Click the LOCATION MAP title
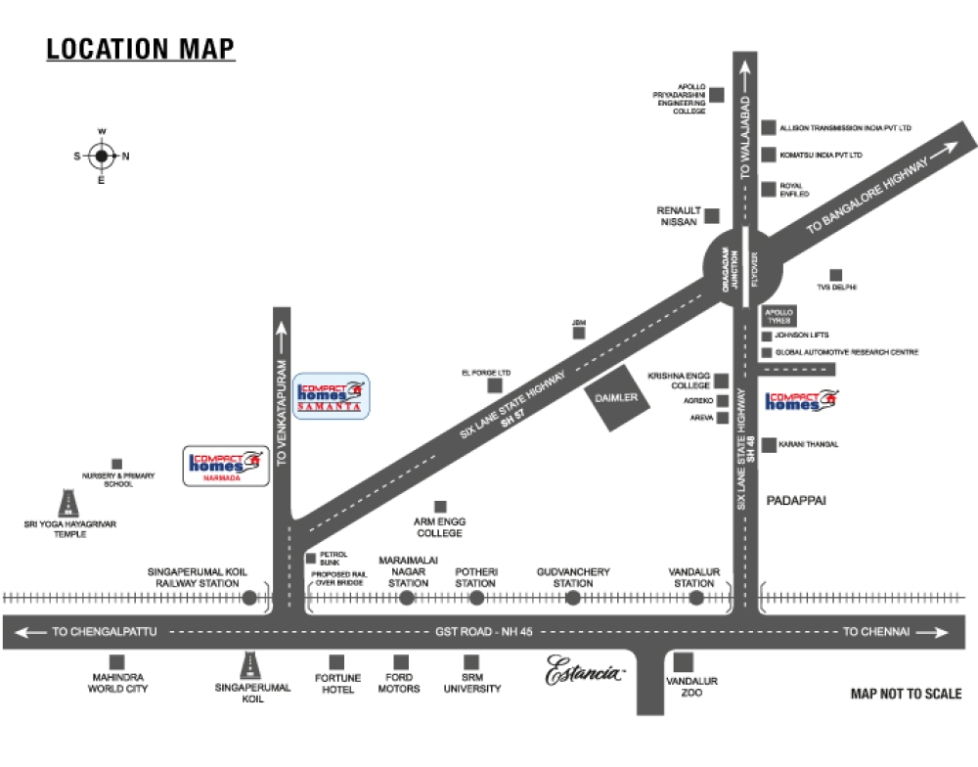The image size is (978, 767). [141, 49]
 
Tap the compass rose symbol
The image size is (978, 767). [102, 156]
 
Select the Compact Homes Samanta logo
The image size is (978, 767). [332, 396]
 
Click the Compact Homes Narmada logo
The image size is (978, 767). [226, 466]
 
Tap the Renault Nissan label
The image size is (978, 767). [678, 216]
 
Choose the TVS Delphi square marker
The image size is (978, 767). [836, 275]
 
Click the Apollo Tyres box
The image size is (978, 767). [778, 315]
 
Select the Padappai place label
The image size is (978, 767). [796, 499]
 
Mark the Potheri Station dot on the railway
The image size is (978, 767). [477, 598]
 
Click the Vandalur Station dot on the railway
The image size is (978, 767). [695, 598]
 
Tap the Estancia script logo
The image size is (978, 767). [585, 672]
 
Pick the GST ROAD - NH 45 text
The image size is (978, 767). [484, 632]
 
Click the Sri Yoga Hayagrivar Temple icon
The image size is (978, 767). [69, 503]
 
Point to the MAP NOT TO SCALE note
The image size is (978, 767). [906, 694]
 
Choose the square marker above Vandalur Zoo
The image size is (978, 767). [684, 662]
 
